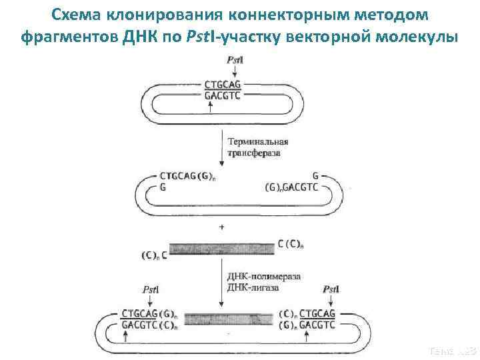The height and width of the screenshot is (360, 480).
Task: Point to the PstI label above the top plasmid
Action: pyautogui.click(x=234, y=60)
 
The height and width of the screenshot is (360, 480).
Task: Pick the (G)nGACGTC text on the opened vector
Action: pyautogui.click(x=293, y=187)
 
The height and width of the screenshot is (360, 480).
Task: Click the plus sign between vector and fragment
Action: pyautogui.click(x=221, y=227)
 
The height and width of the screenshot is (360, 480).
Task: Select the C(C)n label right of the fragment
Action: pyautogui.click(x=290, y=244)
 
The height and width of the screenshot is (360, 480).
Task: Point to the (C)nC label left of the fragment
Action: pyautogui.click(x=154, y=255)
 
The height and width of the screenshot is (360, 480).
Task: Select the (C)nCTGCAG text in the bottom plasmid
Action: pyautogui.click(x=307, y=313)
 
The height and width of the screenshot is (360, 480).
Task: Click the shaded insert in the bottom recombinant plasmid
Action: pyautogui.click(x=221, y=319)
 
